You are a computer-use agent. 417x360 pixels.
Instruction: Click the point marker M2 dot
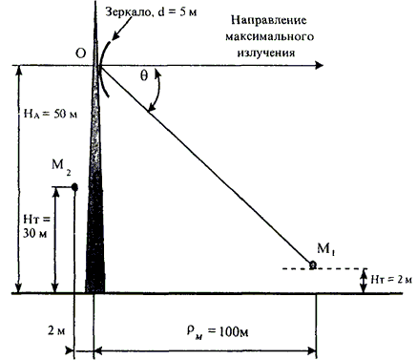tap(74, 187)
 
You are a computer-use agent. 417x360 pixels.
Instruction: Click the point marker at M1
tap(313, 265)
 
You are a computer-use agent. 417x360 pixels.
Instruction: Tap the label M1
tap(326, 248)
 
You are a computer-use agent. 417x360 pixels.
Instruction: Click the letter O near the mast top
tap(81, 53)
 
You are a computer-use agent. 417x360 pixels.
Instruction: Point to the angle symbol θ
tap(144, 75)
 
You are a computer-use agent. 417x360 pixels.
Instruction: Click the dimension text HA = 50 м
tap(51, 114)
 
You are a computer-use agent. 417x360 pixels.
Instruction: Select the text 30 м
tap(34, 234)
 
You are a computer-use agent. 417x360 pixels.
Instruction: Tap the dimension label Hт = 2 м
tap(391, 280)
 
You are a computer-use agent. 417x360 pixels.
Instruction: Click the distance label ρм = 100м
tap(218, 331)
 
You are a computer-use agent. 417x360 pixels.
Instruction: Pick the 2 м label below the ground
tap(56, 330)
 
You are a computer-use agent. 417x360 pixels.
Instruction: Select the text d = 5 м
tap(177, 11)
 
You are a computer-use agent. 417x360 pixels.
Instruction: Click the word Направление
tap(269, 20)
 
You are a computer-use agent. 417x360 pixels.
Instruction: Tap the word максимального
tap(270, 36)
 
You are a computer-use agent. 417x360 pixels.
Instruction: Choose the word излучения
tap(266, 53)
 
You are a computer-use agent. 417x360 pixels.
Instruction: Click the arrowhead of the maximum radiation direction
tap(319, 66)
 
